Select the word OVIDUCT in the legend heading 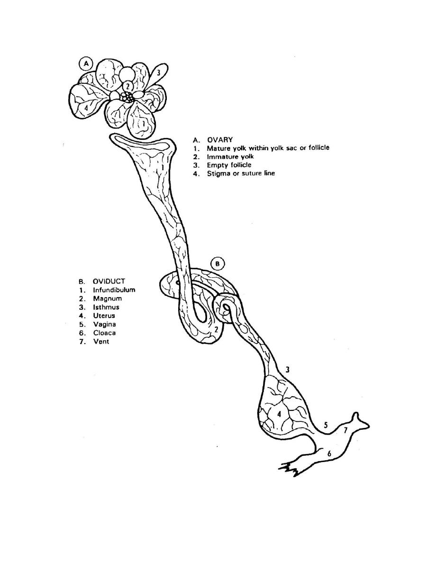click(109, 281)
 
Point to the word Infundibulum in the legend click(114, 290)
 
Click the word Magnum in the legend click(107, 299)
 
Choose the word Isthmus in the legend click(106, 307)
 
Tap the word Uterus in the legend click(104, 316)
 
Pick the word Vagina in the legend click(104, 324)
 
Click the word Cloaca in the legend click(104, 333)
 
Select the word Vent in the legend click(101, 342)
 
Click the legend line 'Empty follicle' click(229, 165)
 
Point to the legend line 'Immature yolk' click(230, 156)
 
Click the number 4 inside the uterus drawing click(279, 414)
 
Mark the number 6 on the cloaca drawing click(329, 454)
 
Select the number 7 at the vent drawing click(345, 430)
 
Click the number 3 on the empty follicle click(158, 72)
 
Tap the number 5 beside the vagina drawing click(326, 425)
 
